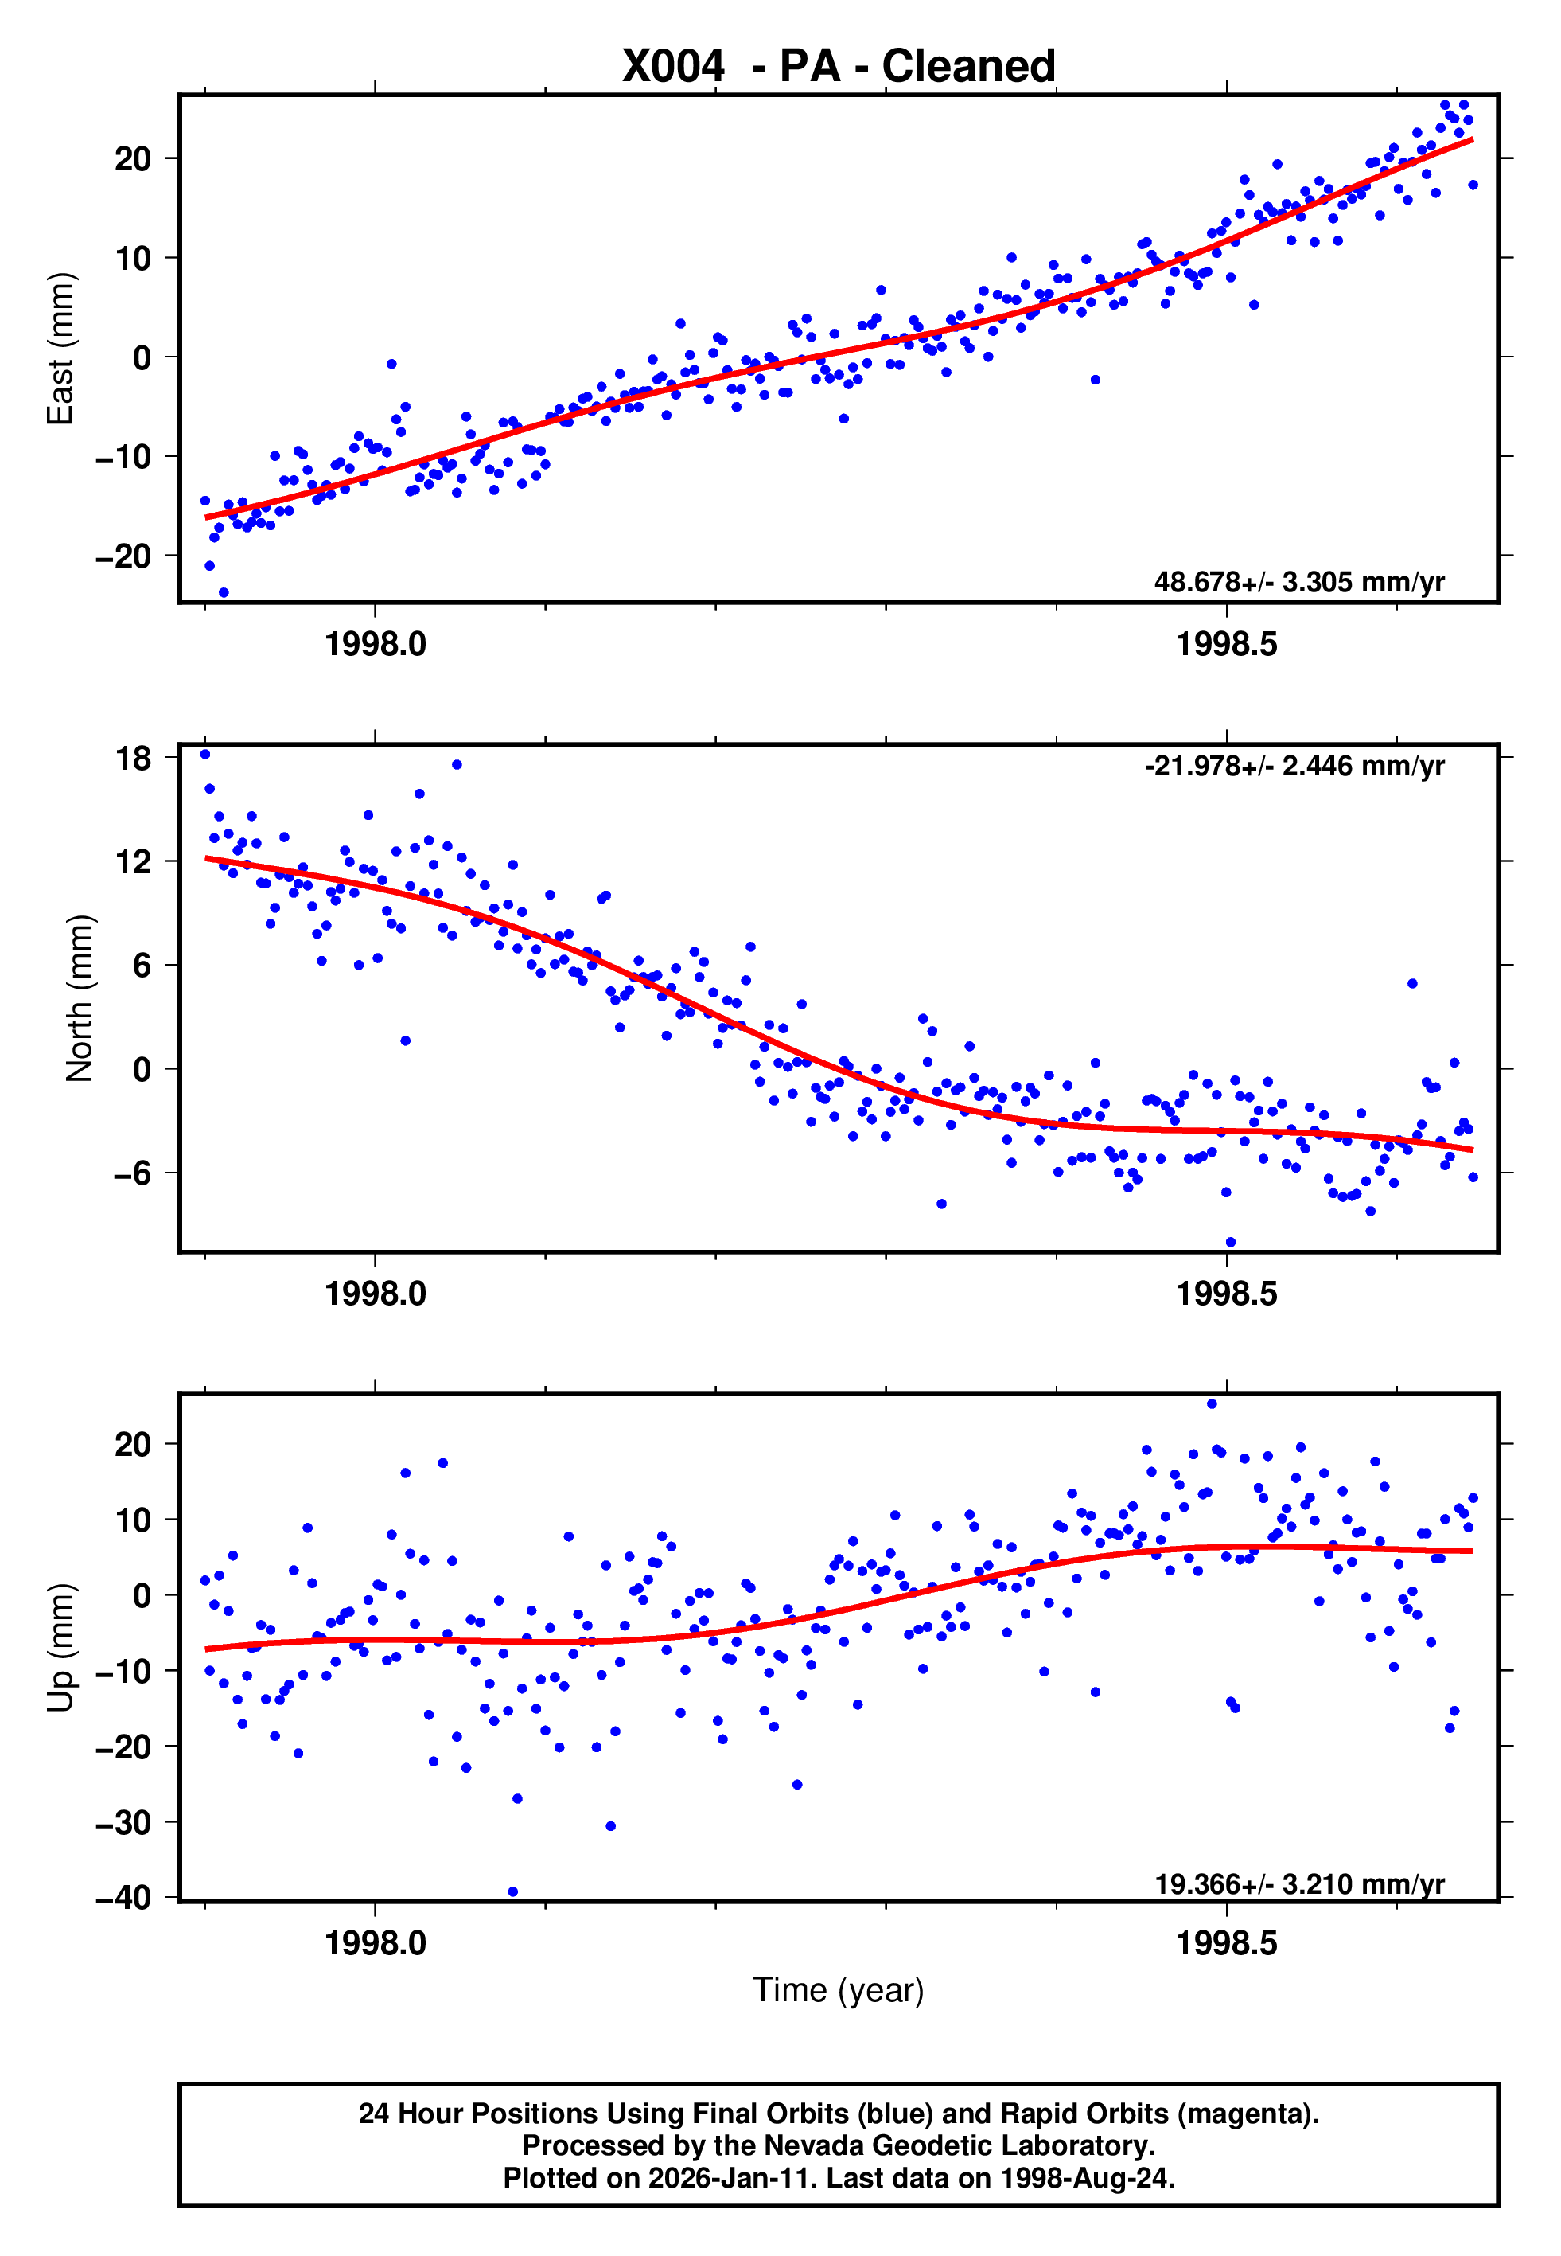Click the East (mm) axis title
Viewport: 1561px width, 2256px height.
tap(60, 349)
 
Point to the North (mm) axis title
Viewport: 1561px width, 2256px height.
tap(78, 999)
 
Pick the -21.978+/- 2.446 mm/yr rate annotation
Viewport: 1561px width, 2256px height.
tap(1294, 766)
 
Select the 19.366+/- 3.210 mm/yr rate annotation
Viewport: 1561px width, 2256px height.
tap(1299, 1884)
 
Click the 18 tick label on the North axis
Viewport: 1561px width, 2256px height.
tap(133, 758)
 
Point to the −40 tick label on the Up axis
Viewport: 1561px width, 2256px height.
tap(123, 1898)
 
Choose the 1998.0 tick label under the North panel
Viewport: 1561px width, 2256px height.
tap(376, 1294)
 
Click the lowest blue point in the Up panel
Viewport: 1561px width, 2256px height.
tap(512, 1892)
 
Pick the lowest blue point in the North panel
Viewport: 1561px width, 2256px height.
tap(1230, 1243)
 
